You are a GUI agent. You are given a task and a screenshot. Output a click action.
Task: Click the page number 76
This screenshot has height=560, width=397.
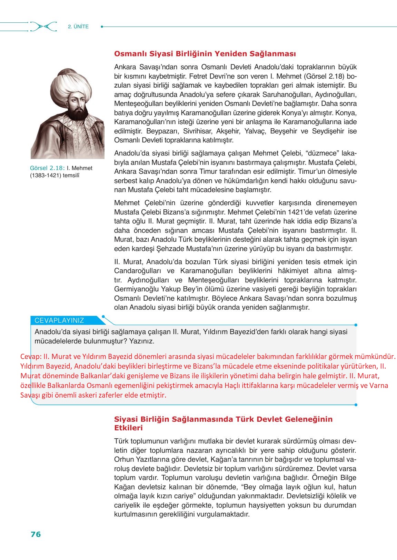[x=36, y=534]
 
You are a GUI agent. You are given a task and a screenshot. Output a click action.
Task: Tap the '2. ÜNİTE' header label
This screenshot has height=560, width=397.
[x=78, y=27]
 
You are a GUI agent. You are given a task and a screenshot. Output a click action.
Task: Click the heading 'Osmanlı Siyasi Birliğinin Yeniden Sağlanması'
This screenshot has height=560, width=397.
[x=205, y=54]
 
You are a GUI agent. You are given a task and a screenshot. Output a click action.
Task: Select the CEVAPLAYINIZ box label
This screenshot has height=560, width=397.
[x=59, y=320]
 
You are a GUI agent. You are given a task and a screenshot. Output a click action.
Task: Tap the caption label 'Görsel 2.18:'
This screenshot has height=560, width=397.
[x=48, y=168]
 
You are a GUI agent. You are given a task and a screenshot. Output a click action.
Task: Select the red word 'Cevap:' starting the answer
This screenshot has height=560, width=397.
[x=31, y=357]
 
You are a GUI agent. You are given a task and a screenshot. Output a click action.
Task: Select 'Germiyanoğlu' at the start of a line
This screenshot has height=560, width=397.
[x=134, y=289]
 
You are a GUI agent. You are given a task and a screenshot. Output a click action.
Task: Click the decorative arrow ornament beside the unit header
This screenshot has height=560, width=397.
[x=43, y=27]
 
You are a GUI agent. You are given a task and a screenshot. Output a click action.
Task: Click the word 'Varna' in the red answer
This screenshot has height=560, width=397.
[x=379, y=386]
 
